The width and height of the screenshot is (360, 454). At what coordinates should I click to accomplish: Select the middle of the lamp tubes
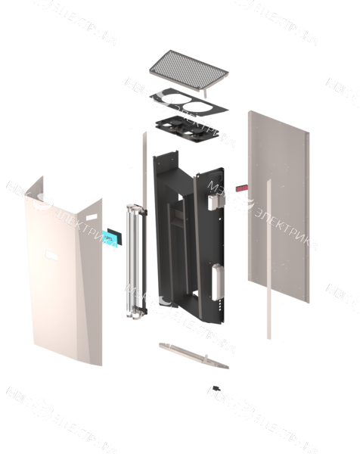tap(135, 261)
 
